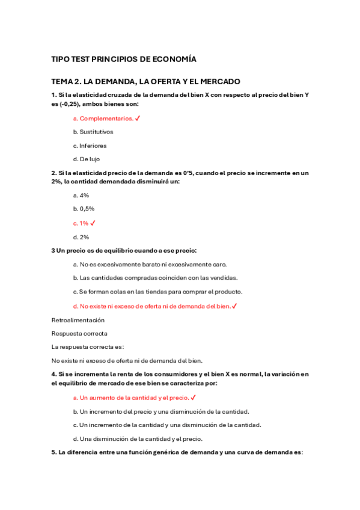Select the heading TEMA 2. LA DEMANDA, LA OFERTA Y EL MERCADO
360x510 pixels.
[x=146, y=81]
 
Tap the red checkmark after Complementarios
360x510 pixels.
[x=138, y=118]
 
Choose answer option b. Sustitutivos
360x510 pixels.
[x=93, y=132]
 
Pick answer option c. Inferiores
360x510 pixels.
[x=90, y=146]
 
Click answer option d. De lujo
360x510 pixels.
[x=87, y=159]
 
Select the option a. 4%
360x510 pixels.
[x=81, y=195]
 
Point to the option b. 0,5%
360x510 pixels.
[x=84, y=209]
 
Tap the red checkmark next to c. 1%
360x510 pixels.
[x=93, y=223]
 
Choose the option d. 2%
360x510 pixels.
[x=81, y=237]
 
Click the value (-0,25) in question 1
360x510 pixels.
[x=72, y=104]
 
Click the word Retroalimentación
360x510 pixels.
[x=78, y=320]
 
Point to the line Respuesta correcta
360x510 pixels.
[x=79, y=333]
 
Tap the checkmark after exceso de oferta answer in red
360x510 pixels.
[x=234, y=306]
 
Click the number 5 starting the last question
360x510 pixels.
[x=53, y=452]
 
